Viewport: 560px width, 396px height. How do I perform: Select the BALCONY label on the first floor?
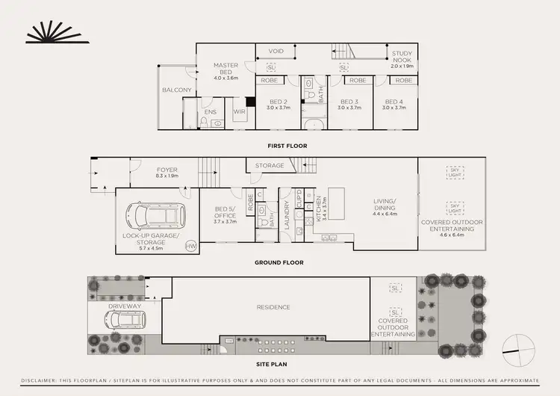(x=177, y=90)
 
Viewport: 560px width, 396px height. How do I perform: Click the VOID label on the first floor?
(x=276, y=52)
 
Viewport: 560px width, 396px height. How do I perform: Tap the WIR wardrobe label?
(x=240, y=112)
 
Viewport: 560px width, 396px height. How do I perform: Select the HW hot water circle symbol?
(x=190, y=244)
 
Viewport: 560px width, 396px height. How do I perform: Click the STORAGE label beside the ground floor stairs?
(x=270, y=165)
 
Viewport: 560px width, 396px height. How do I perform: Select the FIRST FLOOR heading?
(x=287, y=146)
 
